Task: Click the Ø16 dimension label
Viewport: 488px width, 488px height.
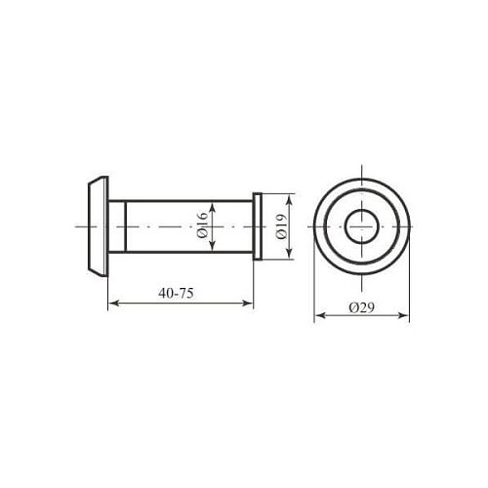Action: coord(202,224)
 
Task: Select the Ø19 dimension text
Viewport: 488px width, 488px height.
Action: coord(281,226)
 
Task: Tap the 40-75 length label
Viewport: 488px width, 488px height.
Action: coord(176,294)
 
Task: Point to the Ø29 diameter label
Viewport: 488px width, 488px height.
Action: coord(362,307)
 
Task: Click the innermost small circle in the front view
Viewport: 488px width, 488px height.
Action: coord(345,226)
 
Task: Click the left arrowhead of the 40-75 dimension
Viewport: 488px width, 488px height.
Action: coord(112,304)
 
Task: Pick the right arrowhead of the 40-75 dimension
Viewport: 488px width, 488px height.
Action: coord(248,304)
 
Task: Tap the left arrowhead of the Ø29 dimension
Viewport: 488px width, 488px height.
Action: coord(320,315)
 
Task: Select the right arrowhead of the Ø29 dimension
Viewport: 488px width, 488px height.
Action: coord(403,315)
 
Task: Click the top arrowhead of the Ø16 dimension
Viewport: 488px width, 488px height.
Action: coord(212,208)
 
